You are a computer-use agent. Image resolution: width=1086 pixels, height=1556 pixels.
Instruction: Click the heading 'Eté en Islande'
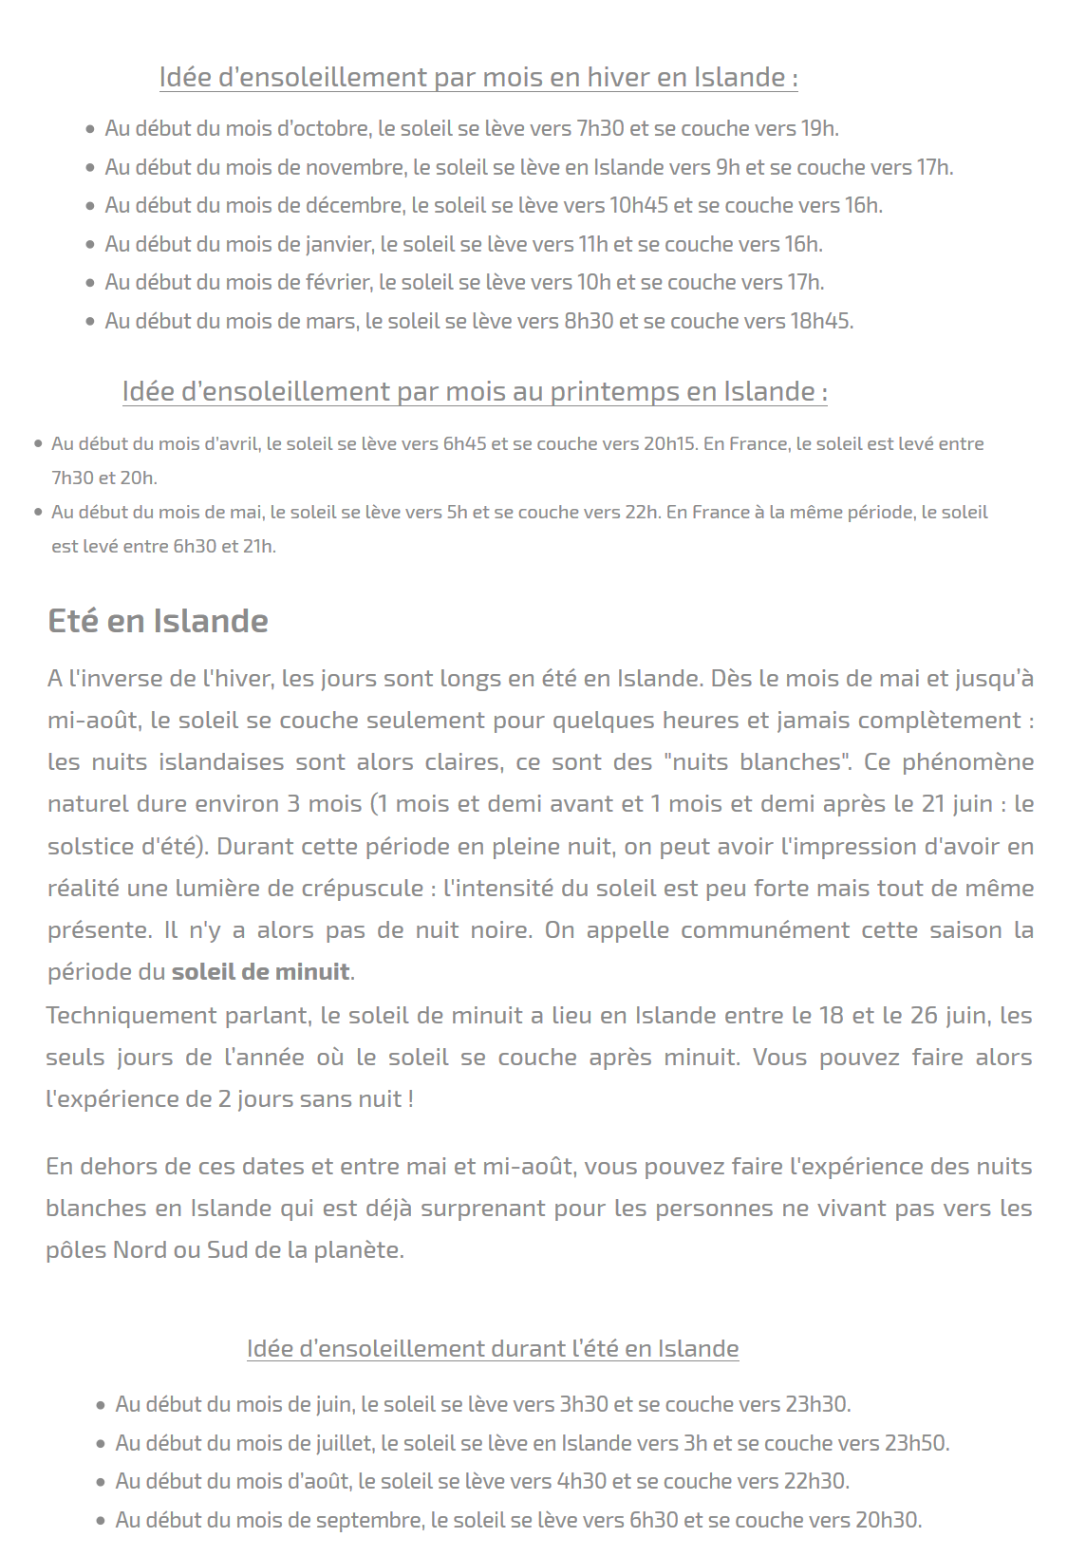tap(158, 621)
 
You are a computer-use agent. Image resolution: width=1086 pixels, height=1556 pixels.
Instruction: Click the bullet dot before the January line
tap(90, 244)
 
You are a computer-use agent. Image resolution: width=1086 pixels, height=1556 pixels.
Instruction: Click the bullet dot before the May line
tap(38, 512)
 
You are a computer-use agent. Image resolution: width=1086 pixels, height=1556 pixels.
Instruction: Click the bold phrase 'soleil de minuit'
tap(260, 972)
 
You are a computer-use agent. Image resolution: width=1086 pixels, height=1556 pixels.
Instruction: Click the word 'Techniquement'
tap(130, 1015)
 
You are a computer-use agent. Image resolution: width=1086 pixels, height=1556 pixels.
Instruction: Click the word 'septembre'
tap(369, 1520)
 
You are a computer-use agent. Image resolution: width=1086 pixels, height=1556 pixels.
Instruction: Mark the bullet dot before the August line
tap(101, 1482)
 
